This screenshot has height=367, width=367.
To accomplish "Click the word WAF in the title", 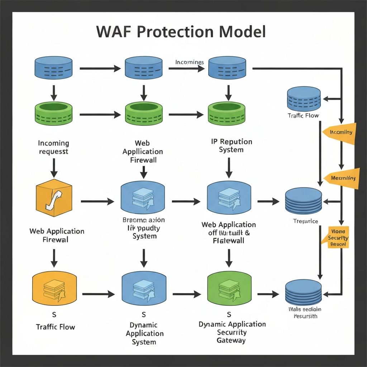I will (x=114, y=32).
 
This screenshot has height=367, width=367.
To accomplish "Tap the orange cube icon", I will (x=54, y=199).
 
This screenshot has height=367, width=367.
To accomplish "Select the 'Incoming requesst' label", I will (x=53, y=147).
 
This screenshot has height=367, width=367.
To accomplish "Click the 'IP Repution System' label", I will (x=231, y=146).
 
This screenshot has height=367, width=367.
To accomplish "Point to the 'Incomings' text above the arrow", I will (x=190, y=62).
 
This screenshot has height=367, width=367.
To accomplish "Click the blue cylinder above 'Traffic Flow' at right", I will (x=304, y=98).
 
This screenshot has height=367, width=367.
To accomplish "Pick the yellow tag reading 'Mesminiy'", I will (x=341, y=177).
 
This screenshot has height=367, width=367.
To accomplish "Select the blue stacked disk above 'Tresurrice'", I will (x=304, y=201).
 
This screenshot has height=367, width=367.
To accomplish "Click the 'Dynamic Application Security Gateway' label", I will (x=232, y=332).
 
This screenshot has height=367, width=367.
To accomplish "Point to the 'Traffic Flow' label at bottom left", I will (x=56, y=327).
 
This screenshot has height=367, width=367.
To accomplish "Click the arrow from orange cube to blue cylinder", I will (x=97, y=201).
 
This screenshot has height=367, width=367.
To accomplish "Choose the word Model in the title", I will (x=243, y=32).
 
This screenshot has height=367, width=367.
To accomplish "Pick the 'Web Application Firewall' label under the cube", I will (x=57, y=235).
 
